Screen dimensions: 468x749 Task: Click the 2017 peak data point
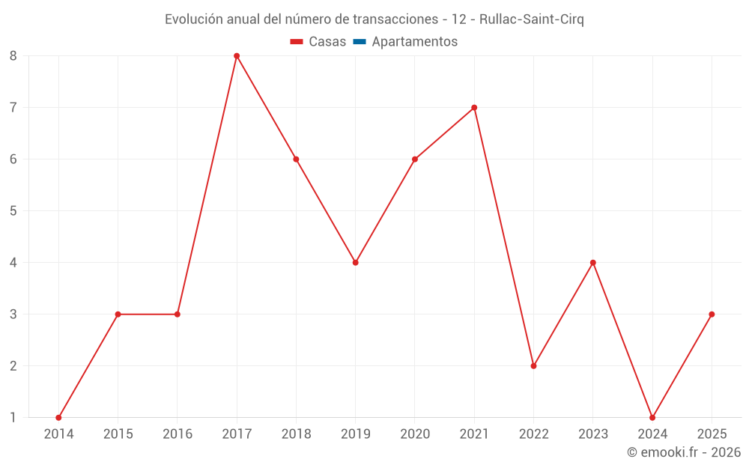[237, 56]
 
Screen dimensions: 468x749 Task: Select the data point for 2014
[58, 417]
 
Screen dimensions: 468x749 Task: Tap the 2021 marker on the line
[474, 108]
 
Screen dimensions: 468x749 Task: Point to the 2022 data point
[533, 366]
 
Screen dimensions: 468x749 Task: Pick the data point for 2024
[652, 417]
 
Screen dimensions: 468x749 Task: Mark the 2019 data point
[355, 263]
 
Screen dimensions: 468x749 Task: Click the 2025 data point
[712, 314]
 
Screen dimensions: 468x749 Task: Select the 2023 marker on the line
[592, 263]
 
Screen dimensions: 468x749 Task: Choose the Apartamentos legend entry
[414, 42]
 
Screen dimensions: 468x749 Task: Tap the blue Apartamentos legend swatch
[359, 42]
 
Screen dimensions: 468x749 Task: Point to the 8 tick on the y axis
[13, 56]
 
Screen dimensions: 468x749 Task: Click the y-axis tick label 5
[13, 211]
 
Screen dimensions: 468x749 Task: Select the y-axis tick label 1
[13, 418]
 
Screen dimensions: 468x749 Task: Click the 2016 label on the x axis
[178, 434]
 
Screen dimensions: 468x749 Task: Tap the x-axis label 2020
[415, 434]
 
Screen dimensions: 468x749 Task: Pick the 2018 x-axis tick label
[296, 434]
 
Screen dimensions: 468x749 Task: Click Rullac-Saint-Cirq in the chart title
[531, 19]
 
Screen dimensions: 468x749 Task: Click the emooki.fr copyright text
[684, 452]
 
